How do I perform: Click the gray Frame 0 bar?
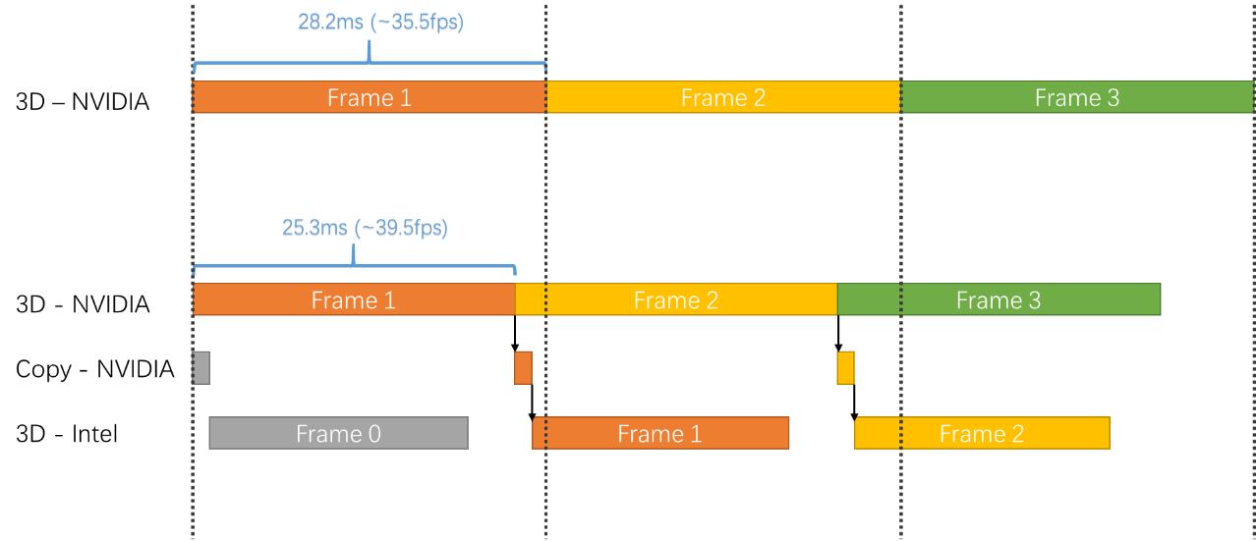pos(338,434)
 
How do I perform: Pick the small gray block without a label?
pos(201,367)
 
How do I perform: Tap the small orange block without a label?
pos(523,367)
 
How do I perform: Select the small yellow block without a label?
pos(845,367)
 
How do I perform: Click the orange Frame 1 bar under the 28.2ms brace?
pos(370,97)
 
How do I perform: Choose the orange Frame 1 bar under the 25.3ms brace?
pos(354,299)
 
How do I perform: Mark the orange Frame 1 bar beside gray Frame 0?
pos(660,434)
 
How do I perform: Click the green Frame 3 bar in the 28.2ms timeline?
pos(1077,97)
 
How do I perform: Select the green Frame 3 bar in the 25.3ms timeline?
pos(999,299)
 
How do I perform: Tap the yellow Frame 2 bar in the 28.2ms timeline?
pos(723,97)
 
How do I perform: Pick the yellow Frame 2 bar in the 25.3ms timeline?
pos(676,299)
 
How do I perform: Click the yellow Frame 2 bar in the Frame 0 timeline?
pos(982,434)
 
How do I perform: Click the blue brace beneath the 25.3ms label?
pos(354,266)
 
